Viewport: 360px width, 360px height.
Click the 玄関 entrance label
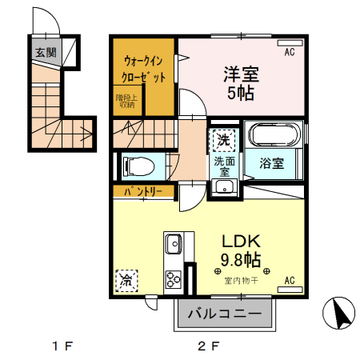click(x=46, y=54)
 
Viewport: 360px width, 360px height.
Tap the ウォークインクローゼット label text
click(x=144, y=69)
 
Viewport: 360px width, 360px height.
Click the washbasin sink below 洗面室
click(x=223, y=189)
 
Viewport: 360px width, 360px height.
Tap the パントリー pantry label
click(x=143, y=192)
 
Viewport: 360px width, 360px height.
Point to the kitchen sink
click(x=173, y=242)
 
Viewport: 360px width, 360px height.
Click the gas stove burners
click(x=173, y=278)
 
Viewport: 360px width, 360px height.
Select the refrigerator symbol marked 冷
click(x=126, y=280)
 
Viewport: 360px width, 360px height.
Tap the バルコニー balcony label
click(x=223, y=314)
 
